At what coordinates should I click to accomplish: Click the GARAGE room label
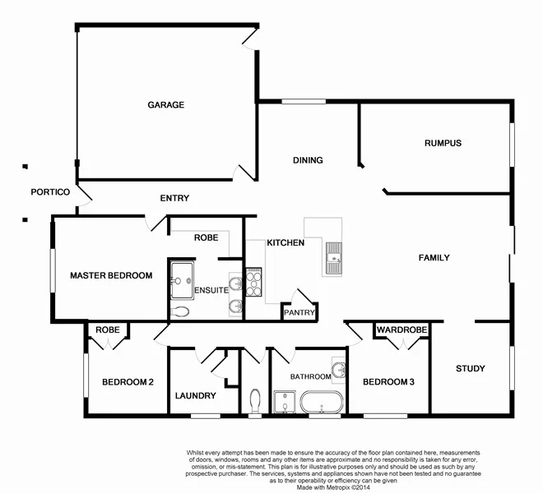(165, 105)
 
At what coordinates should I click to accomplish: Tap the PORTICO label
(49, 192)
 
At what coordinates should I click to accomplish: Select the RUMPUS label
(443, 143)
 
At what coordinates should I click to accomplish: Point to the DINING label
(308, 160)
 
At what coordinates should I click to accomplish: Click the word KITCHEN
(285, 243)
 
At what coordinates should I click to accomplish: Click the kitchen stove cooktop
(253, 283)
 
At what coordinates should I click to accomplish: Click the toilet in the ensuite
(182, 311)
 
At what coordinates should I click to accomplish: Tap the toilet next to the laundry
(254, 399)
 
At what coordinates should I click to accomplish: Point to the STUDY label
(471, 369)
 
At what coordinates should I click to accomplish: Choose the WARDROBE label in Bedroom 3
(401, 330)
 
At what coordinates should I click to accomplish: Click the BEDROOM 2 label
(127, 382)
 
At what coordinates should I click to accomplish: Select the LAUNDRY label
(196, 396)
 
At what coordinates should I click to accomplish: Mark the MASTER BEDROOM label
(111, 276)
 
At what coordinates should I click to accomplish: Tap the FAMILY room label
(434, 258)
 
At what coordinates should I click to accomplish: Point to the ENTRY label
(174, 198)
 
